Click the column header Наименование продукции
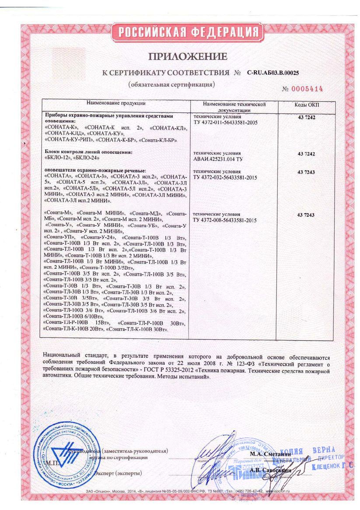click(x=115, y=104)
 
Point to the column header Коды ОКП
click(x=307, y=105)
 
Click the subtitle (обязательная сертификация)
click(x=171, y=84)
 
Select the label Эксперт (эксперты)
click(x=117, y=473)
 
